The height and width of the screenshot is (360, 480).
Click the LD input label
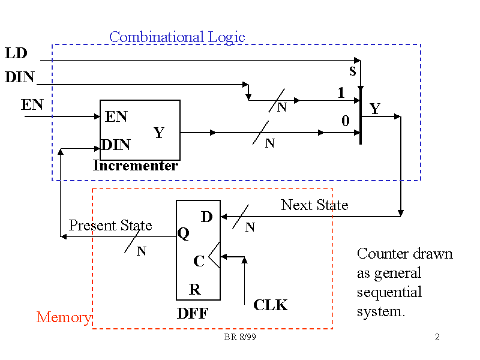tap(16, 53)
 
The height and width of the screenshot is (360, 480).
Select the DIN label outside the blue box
tap(20, 77)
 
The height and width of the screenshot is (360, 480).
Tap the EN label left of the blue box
tap(32, 105)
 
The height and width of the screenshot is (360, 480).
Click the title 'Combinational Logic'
tap(177, 37)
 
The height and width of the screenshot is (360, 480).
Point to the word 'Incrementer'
tap(136, 166)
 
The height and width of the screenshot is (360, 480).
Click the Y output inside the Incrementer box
tap(159, 133)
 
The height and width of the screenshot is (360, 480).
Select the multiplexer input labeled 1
tap(341, 93)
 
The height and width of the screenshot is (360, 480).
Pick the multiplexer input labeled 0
tap(345, 121)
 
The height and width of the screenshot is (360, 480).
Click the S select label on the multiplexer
tap(353, 71)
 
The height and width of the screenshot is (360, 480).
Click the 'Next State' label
tap(314, 205)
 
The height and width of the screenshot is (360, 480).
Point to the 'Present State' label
tap(110, 226)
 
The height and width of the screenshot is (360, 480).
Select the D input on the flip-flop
tap(207, 217)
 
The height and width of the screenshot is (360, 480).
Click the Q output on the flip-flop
tap(184, 234)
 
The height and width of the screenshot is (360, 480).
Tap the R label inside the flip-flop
tap(195, 290)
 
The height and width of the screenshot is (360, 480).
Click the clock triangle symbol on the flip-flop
tap(215, 257)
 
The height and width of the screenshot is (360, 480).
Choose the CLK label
tap(271, 305)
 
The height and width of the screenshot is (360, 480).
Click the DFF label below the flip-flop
tap(193, 313)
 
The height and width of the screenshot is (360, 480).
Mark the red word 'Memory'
tap(64, 317)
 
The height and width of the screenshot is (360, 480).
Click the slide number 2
tap(437, 337)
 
